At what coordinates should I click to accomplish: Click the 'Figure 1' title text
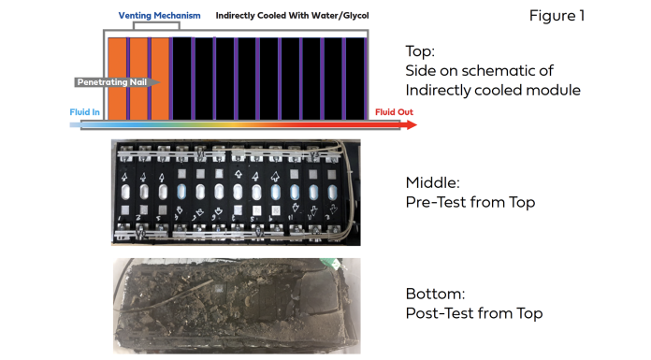click(x=557, y=16)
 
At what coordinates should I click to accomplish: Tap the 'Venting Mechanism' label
click(x=159, y=16)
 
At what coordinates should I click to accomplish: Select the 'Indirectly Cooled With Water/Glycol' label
click(x=292, y=16)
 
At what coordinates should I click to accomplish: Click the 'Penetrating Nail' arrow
click(x=117, y=82)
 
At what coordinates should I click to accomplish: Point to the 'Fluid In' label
click(x=85, y=112)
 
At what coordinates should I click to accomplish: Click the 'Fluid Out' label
click(x=394, y=112)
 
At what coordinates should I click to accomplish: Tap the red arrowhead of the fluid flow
click(x=412, y=124)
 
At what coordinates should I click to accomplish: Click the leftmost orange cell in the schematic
click(x=117, y=79)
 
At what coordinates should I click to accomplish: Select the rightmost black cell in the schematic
click(x=355, y=79)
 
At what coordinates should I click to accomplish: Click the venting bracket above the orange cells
click(x=156, y=22)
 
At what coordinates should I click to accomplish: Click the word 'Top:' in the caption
click(x=420, y=51)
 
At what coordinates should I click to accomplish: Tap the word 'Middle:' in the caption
click(x=433, y=182)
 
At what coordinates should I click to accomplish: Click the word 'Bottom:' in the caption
click(x=436, y=294)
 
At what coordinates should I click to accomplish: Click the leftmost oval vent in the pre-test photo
click(x=125, y=193)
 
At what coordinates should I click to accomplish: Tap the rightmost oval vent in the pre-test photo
click(x=332, y=193)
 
